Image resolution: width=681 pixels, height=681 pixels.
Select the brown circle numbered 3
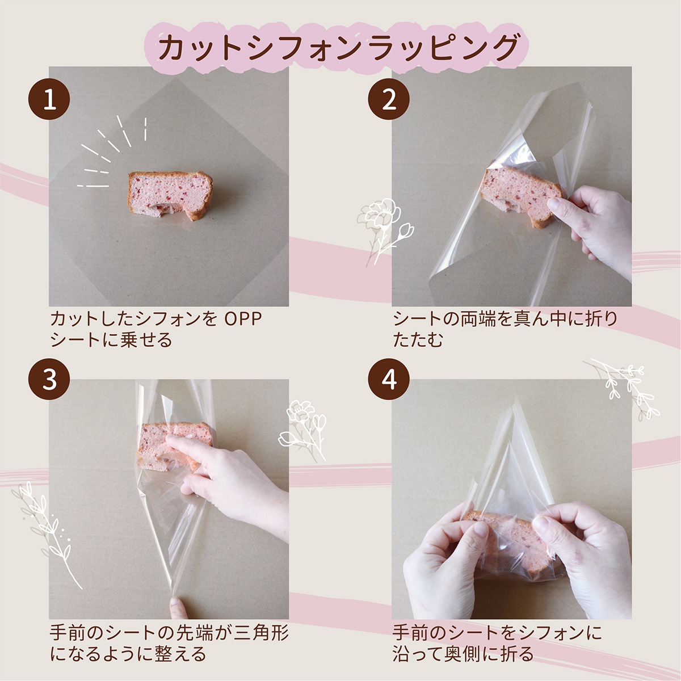tap(49, 379)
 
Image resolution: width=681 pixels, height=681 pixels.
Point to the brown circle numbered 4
tap(389, 379)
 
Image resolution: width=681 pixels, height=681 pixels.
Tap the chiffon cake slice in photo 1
tap(170, 195)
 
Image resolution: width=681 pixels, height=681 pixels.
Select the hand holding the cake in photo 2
tap(590, 226)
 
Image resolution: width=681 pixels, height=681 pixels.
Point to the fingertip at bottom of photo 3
tap(178, 608)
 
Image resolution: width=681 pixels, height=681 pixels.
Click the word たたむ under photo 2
tap(418, 340)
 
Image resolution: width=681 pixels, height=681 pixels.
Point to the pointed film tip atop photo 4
tap(516, 400)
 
